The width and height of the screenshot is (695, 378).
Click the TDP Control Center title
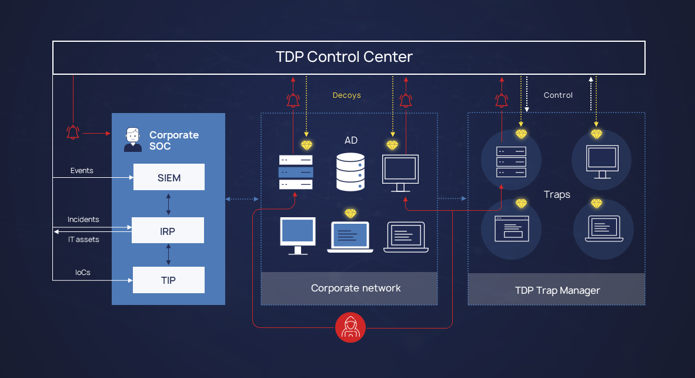344,57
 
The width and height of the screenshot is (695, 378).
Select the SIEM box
169,177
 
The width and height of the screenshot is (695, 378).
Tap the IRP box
168,231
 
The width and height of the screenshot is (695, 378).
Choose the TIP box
168,280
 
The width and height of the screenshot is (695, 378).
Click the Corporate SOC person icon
133,140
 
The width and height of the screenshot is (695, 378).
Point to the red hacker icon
350,327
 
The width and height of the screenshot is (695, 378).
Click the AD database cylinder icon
350,171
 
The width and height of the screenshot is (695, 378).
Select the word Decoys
347,95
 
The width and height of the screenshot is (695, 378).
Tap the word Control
558,95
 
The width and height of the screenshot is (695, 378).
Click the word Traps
557,194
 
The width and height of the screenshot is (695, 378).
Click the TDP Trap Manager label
557,290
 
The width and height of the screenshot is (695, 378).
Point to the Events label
82,171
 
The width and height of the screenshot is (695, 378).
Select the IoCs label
83,273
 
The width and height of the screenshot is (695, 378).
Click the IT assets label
83,240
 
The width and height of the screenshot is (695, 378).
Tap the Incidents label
83,220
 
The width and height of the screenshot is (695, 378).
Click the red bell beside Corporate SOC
73,132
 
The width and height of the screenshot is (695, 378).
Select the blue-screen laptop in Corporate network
350,237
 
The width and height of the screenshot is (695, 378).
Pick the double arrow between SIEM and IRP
169,204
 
